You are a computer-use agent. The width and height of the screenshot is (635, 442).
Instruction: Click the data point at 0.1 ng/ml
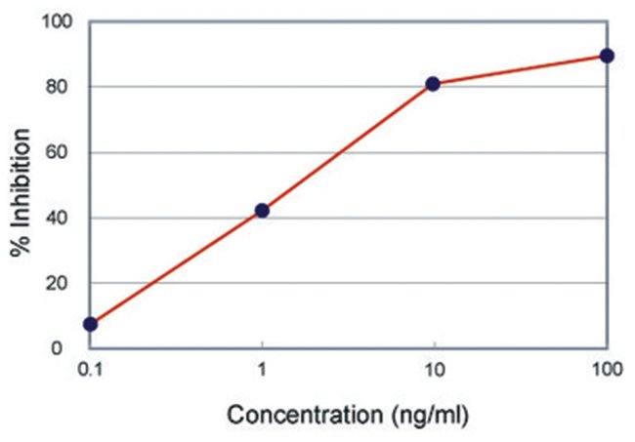91,324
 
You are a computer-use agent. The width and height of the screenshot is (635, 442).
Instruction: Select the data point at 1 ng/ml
262,210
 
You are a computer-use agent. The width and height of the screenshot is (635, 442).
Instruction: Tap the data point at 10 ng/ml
433,84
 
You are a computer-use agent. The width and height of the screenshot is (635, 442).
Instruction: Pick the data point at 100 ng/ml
607,56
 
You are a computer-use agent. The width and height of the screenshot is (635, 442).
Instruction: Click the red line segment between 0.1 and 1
176,267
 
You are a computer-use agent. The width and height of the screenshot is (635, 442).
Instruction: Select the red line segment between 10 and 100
520,70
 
